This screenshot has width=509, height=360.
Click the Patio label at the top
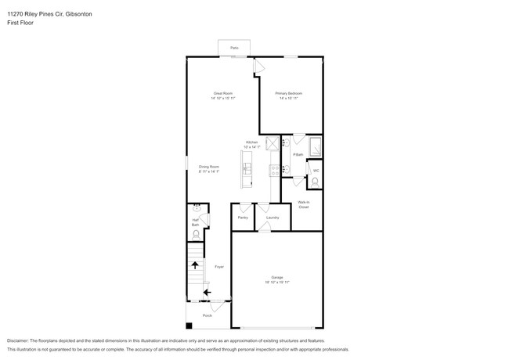pos(233,49)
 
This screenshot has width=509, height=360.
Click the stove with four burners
pos(272,143)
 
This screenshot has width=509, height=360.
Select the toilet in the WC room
pos(315,181)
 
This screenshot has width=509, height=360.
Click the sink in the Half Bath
pos(196,208)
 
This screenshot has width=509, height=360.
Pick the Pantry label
pos(243,218)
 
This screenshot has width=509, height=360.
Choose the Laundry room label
pos(272,218)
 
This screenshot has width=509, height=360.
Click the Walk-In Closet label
pos(303,205)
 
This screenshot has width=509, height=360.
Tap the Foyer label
pos(219,267)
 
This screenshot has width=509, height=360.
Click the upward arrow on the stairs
pos(194,265)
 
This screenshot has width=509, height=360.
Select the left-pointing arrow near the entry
pos(207,293)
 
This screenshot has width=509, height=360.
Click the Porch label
pos(208,315)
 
